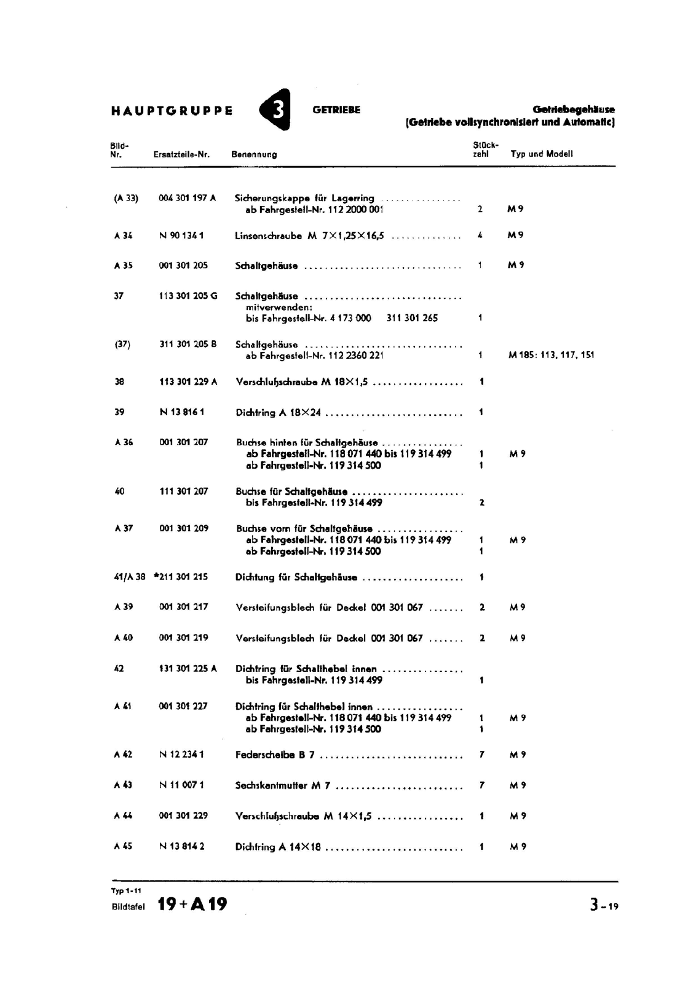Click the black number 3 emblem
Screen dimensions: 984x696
coord(275,110)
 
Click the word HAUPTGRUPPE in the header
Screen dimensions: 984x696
coord(172,111)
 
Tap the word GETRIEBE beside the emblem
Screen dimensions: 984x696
coord(336,110)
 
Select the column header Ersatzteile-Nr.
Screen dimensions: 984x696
coord(181,154)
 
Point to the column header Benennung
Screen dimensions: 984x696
coord(254,154)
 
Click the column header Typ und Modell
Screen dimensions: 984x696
coord(541,154)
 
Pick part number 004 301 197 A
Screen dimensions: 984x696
coord(187,198)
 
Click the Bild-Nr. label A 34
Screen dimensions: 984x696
coord(123,235)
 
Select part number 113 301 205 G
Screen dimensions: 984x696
coord(188,296)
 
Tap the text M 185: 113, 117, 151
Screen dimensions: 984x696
coord(552,355)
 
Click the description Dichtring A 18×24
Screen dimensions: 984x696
coord(278,413)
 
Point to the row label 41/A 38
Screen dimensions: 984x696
coord(130,577)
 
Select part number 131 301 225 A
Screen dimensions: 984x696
coord(188,669)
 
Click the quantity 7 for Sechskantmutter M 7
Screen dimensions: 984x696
coord(481,785)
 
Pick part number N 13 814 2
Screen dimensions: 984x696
coord(181,846)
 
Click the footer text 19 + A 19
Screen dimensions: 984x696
coord(192,904)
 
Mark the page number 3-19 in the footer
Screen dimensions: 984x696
coord(604,905)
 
